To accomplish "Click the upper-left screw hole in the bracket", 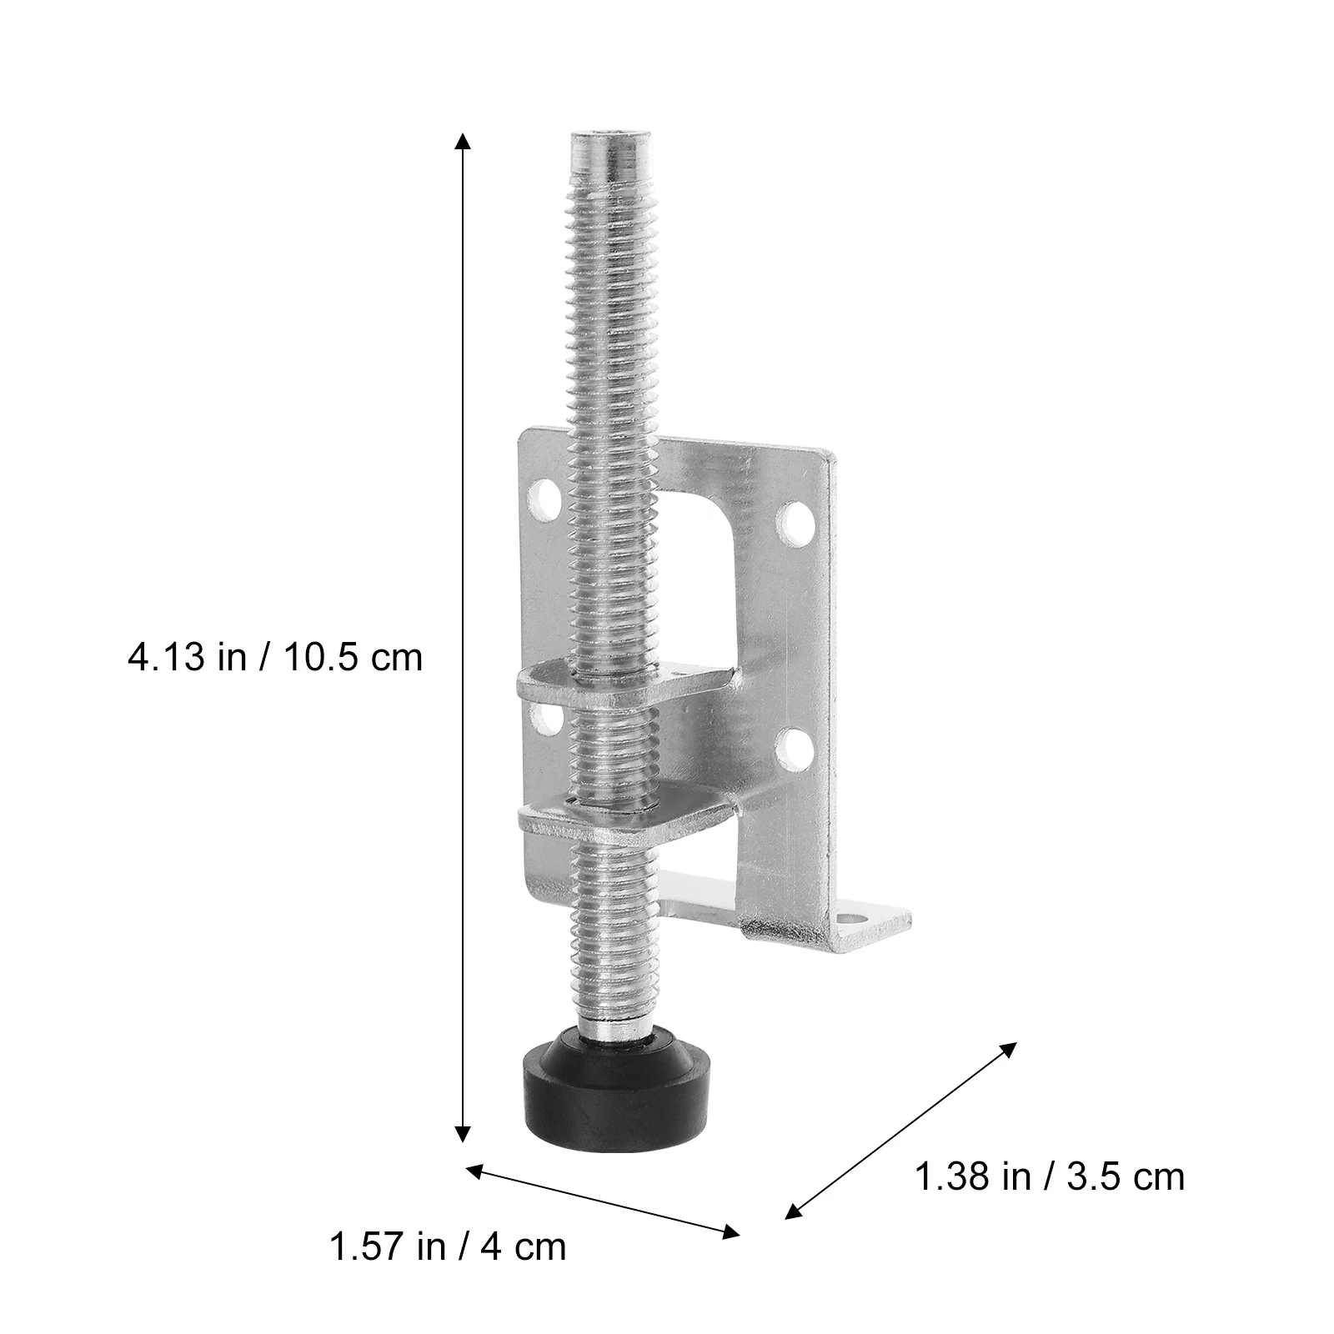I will pyautogui.click(x=545, y=497).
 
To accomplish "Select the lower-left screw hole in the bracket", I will pyautogui.click(x=545, y=719).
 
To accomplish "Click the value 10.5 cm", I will pyautogui.click(x=354, y=658).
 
